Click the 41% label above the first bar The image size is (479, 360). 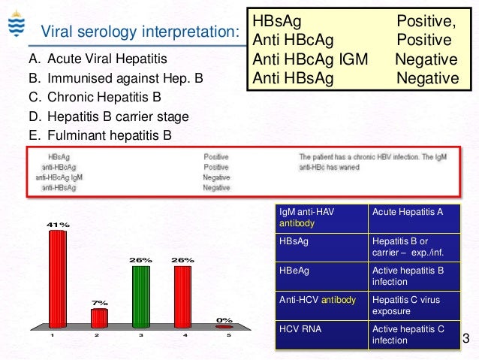58,225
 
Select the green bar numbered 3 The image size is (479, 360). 141,296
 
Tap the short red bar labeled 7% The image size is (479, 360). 100,318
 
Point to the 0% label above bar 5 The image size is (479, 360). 224,319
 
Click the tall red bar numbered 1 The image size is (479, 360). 58,278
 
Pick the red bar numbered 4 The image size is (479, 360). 182,296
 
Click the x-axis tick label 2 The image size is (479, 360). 95,335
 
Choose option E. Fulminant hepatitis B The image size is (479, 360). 109,135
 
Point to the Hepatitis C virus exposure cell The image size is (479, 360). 414,304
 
